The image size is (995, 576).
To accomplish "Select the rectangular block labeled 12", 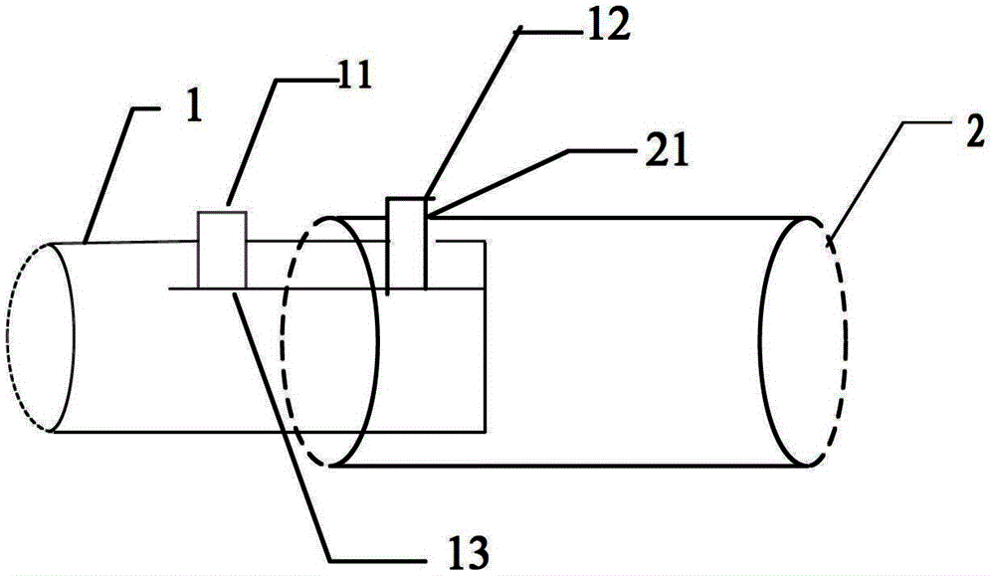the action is [x=406, y=244].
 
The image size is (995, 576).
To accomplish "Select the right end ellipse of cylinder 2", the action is [x=804, y=338].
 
